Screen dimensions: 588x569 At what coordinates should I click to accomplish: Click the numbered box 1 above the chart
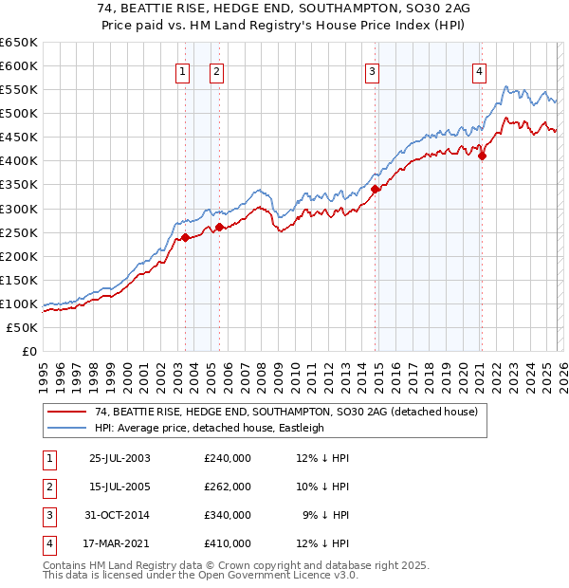[x=180, y=70]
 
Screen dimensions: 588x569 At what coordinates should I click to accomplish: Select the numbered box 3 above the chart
[x=373, y=70]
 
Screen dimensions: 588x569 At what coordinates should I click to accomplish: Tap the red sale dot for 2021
[x=482, y=156]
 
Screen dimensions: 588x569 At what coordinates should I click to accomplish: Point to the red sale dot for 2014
[x=376, y=189]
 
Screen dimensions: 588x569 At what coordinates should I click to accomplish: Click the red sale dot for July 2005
[x=219, y=227]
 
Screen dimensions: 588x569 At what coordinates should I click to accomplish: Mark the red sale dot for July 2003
[x=186, y=237]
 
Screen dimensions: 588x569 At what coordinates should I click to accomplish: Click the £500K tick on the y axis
[x=19, y=114]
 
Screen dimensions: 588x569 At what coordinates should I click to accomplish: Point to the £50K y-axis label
[x=22, y=327]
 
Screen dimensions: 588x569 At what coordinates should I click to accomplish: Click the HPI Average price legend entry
[x=210, y=428]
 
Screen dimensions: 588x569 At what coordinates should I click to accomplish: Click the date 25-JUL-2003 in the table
[x=119, y=457]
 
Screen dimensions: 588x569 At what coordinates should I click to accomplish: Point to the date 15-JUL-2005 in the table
[x=119, y=486]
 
